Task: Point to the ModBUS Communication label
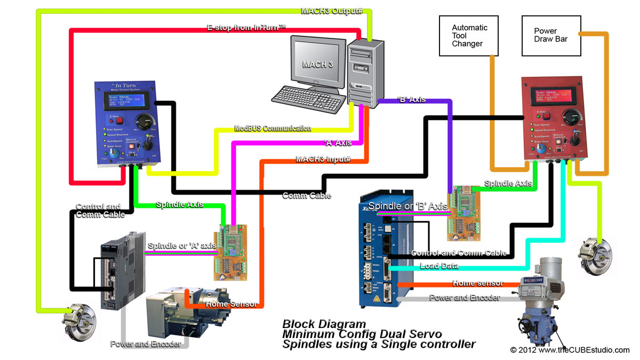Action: [273, 129]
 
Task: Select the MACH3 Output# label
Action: [332, 11]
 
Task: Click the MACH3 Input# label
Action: [323, 159]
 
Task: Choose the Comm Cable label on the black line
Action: [307, 196]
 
